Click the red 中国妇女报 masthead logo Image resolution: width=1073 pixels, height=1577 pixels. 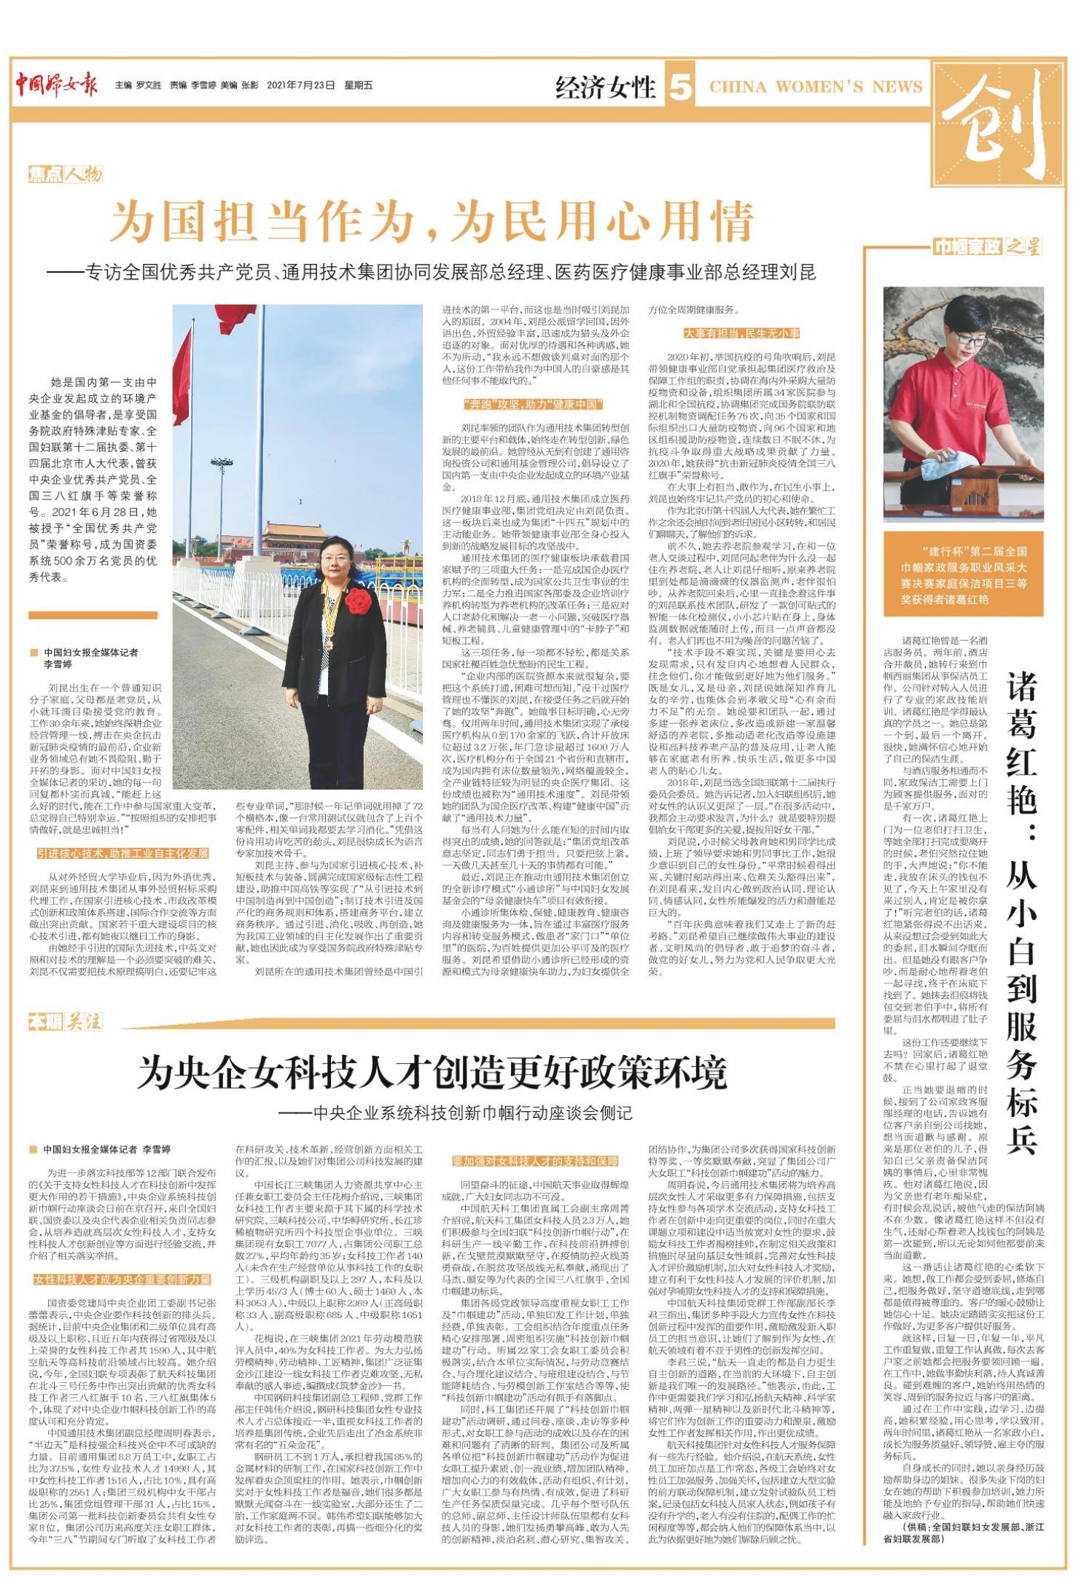point(58,85)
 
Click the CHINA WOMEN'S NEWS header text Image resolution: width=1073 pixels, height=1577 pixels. point(816,87)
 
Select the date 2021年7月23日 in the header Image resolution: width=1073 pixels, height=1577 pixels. point(301,85)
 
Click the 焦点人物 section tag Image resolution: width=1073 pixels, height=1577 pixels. point(66,174)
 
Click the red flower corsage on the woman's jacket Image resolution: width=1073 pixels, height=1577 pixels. point(357,601)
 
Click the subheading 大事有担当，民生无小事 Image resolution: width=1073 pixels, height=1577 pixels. point(741,333)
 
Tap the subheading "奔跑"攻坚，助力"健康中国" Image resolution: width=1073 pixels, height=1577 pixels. point(531,405)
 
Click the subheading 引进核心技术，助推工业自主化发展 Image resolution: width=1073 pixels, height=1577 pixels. point(123,854)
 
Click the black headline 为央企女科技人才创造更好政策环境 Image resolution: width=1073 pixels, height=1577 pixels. point(432,1072)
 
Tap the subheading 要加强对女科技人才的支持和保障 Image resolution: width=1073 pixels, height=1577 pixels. point(535,1161)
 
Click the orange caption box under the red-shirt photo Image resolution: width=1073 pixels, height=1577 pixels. point(964,575)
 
